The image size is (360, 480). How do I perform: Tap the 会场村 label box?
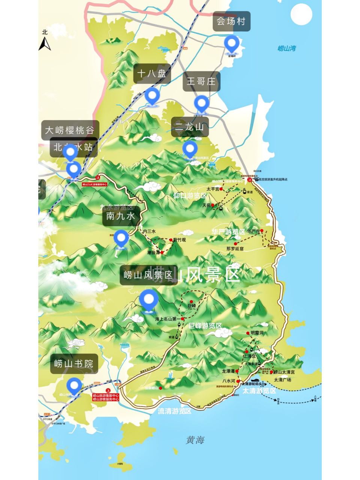(x=231, y=21)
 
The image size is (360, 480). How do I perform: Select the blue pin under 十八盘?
(x=152, y=96)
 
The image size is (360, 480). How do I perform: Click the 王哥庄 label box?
(x=201, y=81)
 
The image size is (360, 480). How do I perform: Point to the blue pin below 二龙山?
(x=190, y=149)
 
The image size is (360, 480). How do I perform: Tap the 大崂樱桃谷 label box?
(x=70, y=130)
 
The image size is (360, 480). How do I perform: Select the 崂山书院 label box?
(x=74, y=364)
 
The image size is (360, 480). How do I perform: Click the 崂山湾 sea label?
(x=287, y=48)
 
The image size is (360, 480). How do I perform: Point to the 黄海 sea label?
(x=195, y=440)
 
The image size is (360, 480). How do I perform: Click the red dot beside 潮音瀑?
(x=162, y=253)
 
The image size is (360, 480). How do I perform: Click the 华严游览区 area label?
(x=228, y=232)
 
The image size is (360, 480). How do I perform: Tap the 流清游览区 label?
(x=174, y=411)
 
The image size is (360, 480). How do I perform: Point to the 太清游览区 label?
(x=259, y=391)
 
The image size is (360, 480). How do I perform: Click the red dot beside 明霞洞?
(x=248, y=333)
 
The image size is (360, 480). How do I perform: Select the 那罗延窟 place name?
(x=235, y=249)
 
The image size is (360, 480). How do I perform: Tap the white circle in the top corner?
(x=301, y=14)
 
